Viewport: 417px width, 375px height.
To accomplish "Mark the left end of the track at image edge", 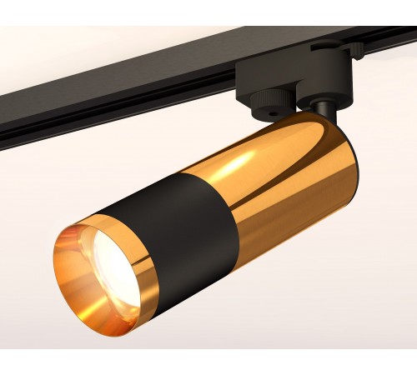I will click(3, 117).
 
